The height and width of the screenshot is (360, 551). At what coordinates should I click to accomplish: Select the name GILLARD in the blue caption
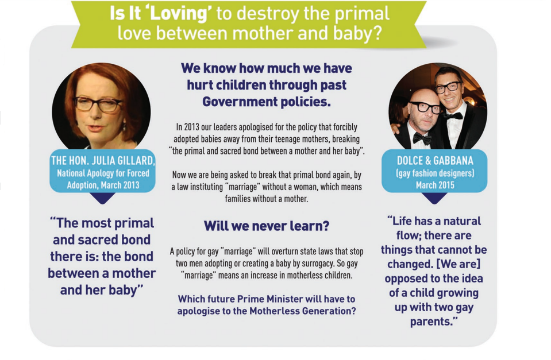pyautogui.click(x=136, y=161)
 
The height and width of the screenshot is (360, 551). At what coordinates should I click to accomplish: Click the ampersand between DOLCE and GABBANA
pyautogui.click(x=428, y=161)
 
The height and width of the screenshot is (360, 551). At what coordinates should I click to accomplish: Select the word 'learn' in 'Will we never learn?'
pyautogui.click(x=309, y=226)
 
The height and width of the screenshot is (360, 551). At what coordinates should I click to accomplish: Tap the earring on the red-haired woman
pyautogui.click(x=124, y=125)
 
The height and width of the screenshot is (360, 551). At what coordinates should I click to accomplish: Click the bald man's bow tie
pyautogui.click(x=422, y=139)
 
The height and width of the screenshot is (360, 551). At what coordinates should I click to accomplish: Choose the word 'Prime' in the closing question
pyautogui.click(x=251, y=299)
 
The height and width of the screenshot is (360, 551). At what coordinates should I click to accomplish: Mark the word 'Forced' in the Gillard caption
pyautogui.click(x=138, y=173)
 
